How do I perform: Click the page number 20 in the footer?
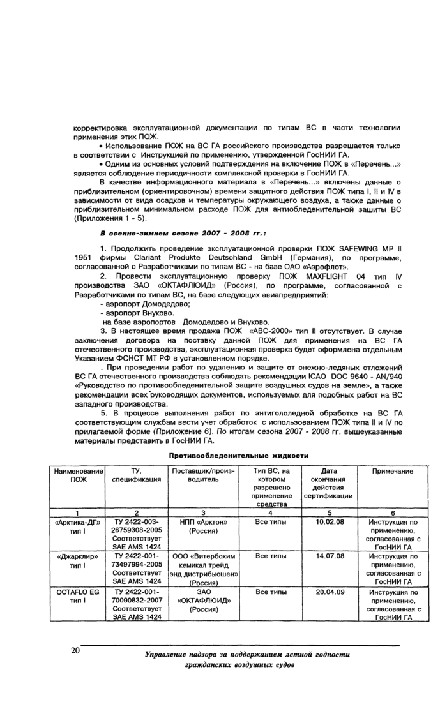click(76, 650)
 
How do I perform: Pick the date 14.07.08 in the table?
click(330, 556)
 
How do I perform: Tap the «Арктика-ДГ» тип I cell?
click(77, 526)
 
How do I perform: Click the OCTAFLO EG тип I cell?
click(77, 596)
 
